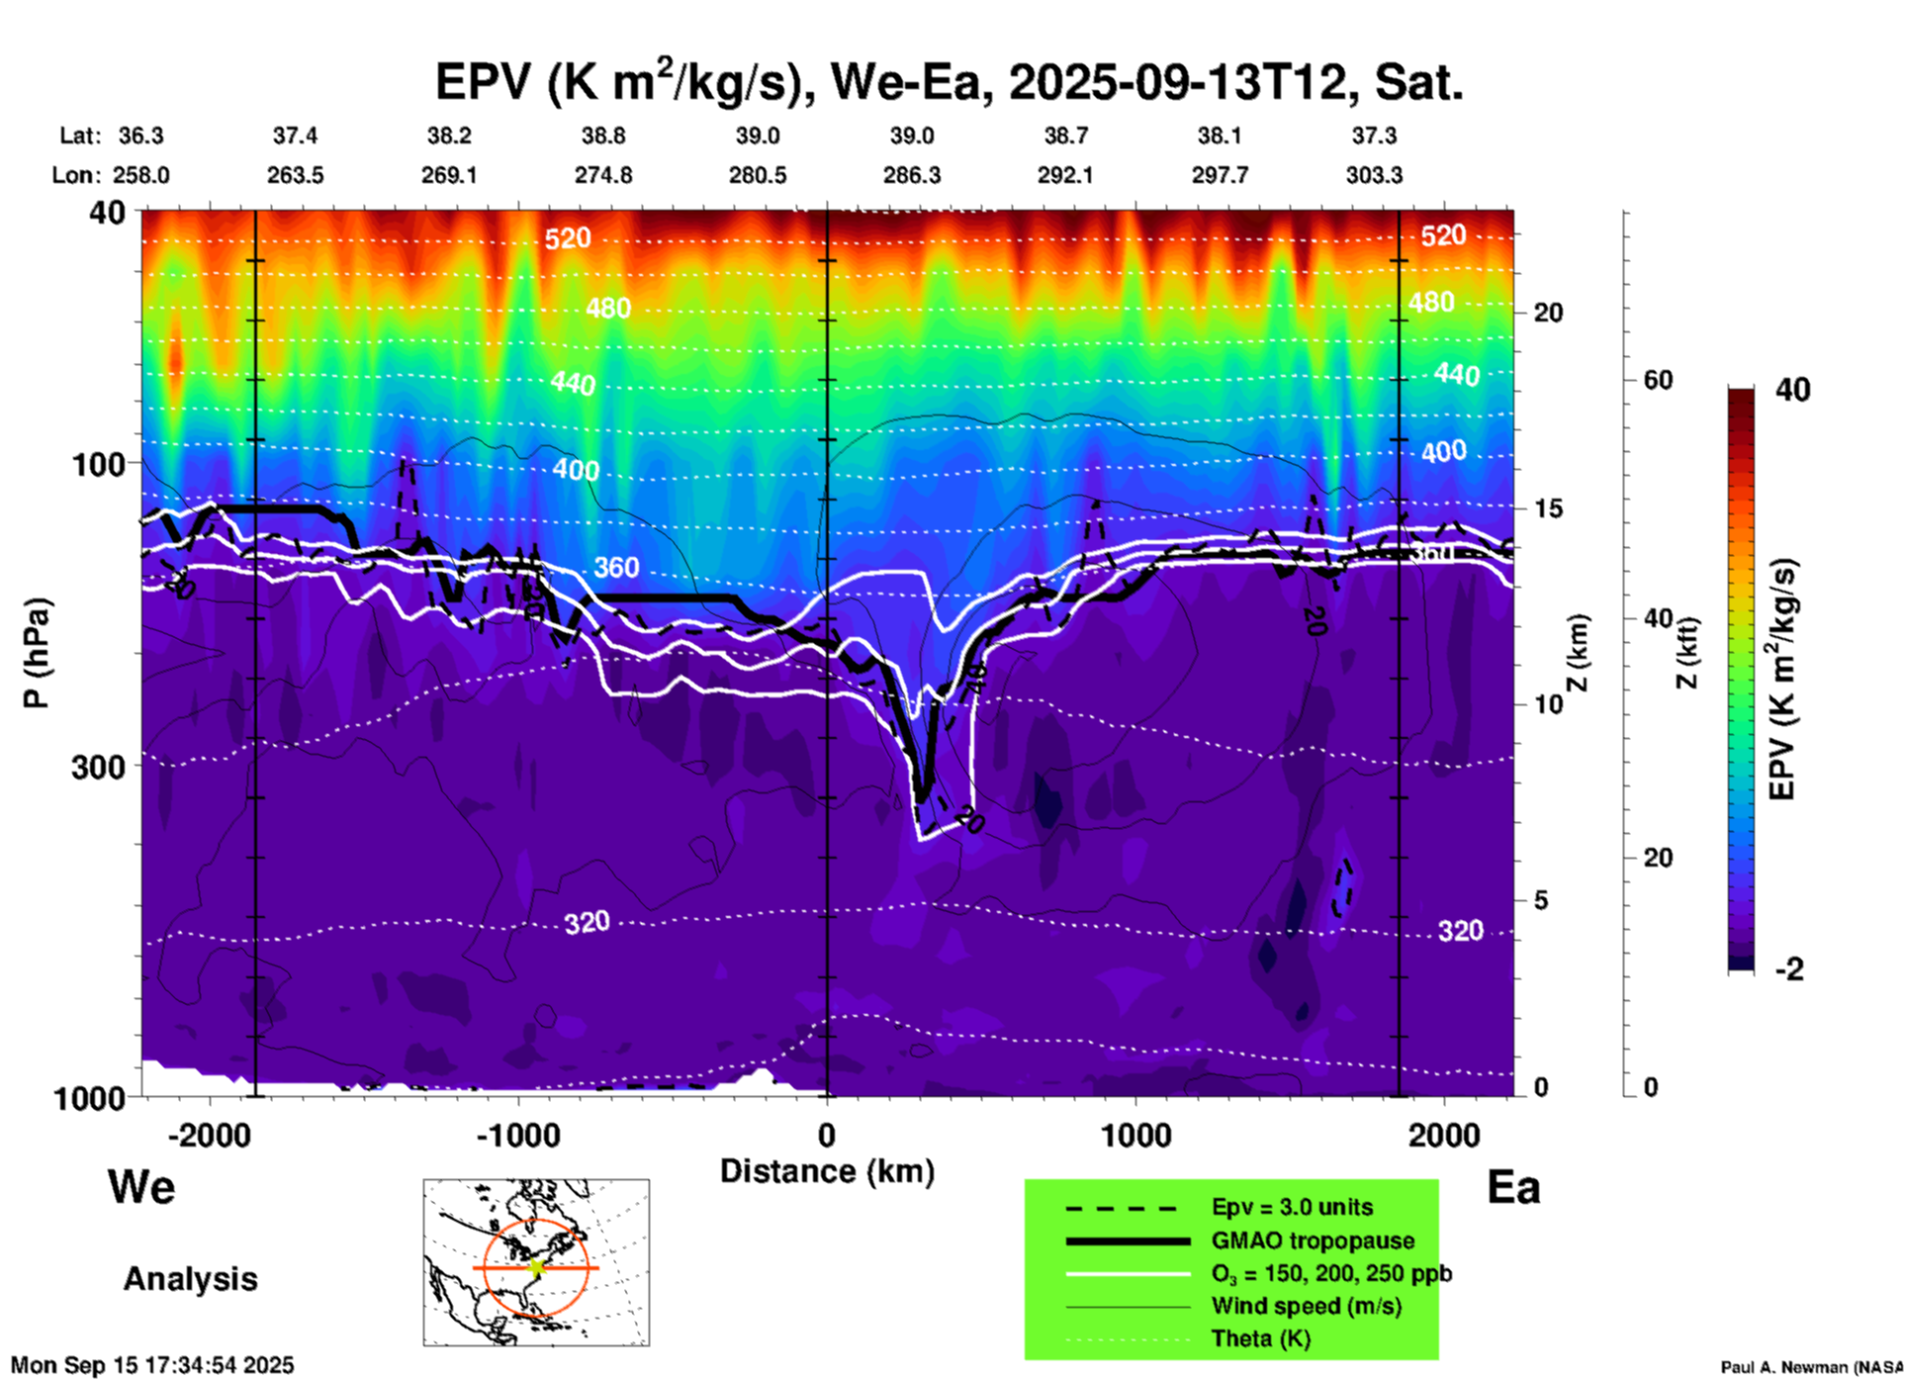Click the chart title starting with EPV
(x=949, y=83)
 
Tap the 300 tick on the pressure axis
(x=99, y=767)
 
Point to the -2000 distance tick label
(x=210, y=1136)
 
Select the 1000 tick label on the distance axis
(x=1135, y=1136)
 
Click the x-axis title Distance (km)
(x=827, y=1171)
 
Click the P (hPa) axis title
(x=37, y=653)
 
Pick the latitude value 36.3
(x=140, y=136)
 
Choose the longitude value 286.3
(x=911, y=176)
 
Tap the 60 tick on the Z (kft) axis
(x=1658, y=380)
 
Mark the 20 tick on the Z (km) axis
(x=1548, y=313)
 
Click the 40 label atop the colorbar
(x=1792, y=390)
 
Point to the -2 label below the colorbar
(x=1789, y=969)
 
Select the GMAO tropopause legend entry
(x=1313, y=1241)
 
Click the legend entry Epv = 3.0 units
(x=1292, y=1208)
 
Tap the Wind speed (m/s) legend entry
(x=1306, y=1306)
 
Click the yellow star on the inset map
(x=537, y=1267)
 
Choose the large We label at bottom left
(x=141, y=1187)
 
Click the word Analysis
(x=190, y=1279)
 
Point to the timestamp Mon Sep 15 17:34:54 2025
(x=152, y=1365)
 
